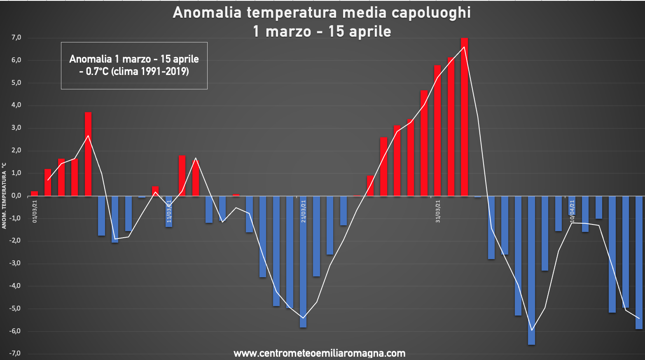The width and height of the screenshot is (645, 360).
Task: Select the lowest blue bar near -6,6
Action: click(531, 270)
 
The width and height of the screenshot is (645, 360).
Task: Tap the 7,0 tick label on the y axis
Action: click(16, 38)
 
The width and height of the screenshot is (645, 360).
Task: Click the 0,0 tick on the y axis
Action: click(16, 196)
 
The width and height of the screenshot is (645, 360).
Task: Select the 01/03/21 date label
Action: click(35, 211)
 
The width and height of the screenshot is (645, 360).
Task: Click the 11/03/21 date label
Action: click(169, 211)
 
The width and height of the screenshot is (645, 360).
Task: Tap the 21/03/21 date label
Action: click(304, 211)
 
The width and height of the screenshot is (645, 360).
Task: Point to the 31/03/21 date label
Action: click(438, 211)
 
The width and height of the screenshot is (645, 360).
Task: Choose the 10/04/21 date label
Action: click(572, 211)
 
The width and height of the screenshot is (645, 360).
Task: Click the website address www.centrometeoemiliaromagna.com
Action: click(319, 353)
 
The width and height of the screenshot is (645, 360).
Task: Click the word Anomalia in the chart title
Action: click(207, 13)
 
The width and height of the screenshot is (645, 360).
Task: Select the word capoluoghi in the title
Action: click(431, 13)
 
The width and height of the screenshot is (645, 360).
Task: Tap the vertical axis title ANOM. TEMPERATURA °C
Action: click(4, 196)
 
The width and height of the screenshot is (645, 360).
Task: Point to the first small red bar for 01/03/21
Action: click(35, 194)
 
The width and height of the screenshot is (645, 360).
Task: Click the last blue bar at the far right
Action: click(639, 262)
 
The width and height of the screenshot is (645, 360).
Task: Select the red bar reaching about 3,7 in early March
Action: click(88, 154)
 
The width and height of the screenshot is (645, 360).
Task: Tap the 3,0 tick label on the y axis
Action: click(16, 128)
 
